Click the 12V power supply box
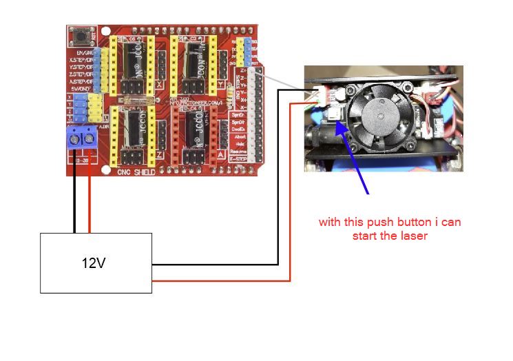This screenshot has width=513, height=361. [x=96, y=262]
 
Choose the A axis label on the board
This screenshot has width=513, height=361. [x=220, y=155]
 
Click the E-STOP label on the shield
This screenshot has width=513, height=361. [x=239, y=158]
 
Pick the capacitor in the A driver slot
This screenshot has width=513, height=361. [x=190, y=129]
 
